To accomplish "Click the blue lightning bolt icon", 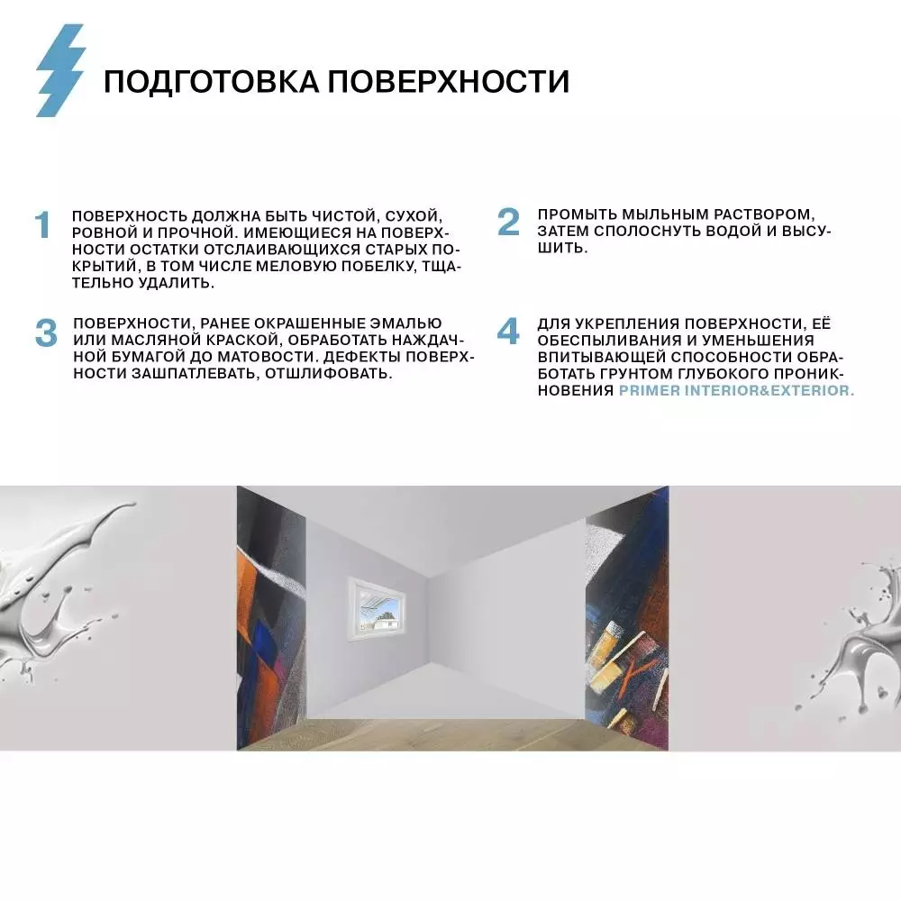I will tap(60, 70).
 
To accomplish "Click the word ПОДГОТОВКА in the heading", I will tap(210, 81).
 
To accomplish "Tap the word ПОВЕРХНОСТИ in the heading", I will tap(448, 81).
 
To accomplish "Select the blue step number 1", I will tap(42, 226).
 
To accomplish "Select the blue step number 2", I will tap(509, 222).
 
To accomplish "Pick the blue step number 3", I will tap(46, 332).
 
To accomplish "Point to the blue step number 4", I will tap(509, 332).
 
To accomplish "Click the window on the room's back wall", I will tap(378, 610).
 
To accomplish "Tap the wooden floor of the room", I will tap(450, 725).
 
